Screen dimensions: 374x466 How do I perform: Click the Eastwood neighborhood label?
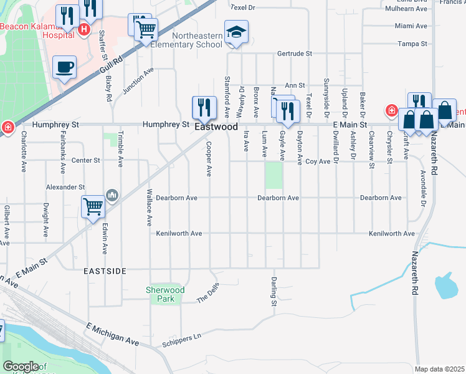click(216, 127)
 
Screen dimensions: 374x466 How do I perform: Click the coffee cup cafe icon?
click(64, 67)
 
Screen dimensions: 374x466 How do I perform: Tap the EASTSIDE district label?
click(105, 271)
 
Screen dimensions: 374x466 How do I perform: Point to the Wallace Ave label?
click(150, 206)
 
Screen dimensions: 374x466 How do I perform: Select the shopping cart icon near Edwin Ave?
click(93, 206)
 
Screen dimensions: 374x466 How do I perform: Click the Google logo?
click(20, 367)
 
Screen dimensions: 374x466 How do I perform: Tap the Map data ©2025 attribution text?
click(439, 369)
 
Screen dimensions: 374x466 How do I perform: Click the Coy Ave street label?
click(318, 161)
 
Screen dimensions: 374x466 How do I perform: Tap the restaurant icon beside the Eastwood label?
click(204, 108)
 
